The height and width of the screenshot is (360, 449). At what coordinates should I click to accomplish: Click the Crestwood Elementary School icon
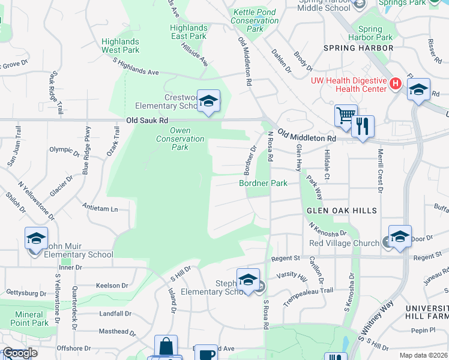click(x=208, y=102)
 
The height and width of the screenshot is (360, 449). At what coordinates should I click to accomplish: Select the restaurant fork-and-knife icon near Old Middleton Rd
click(x=363, y=127)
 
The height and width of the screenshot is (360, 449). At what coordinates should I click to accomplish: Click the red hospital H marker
click(x=395, y=83)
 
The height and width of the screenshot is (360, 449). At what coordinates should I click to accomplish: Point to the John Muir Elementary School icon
click(x=36, y=238)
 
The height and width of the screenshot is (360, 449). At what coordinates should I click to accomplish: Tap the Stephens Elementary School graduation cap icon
click(x=248, y=280)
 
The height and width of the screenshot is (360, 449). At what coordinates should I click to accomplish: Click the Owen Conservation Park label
click(x=180, y=139)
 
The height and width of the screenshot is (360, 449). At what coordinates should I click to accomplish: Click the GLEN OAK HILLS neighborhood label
click(x=342, y=211)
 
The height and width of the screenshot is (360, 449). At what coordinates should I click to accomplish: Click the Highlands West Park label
click(x=121, y=46)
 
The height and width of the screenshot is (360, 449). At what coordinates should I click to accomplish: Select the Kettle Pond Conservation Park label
click(x=255, y=20)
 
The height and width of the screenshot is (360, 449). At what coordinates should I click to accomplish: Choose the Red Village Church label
click(x=343, y=243)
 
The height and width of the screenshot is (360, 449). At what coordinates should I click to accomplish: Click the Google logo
click(x=19, y=353)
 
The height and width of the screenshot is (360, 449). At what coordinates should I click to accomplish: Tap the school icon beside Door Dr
click(x=400, y=237)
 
